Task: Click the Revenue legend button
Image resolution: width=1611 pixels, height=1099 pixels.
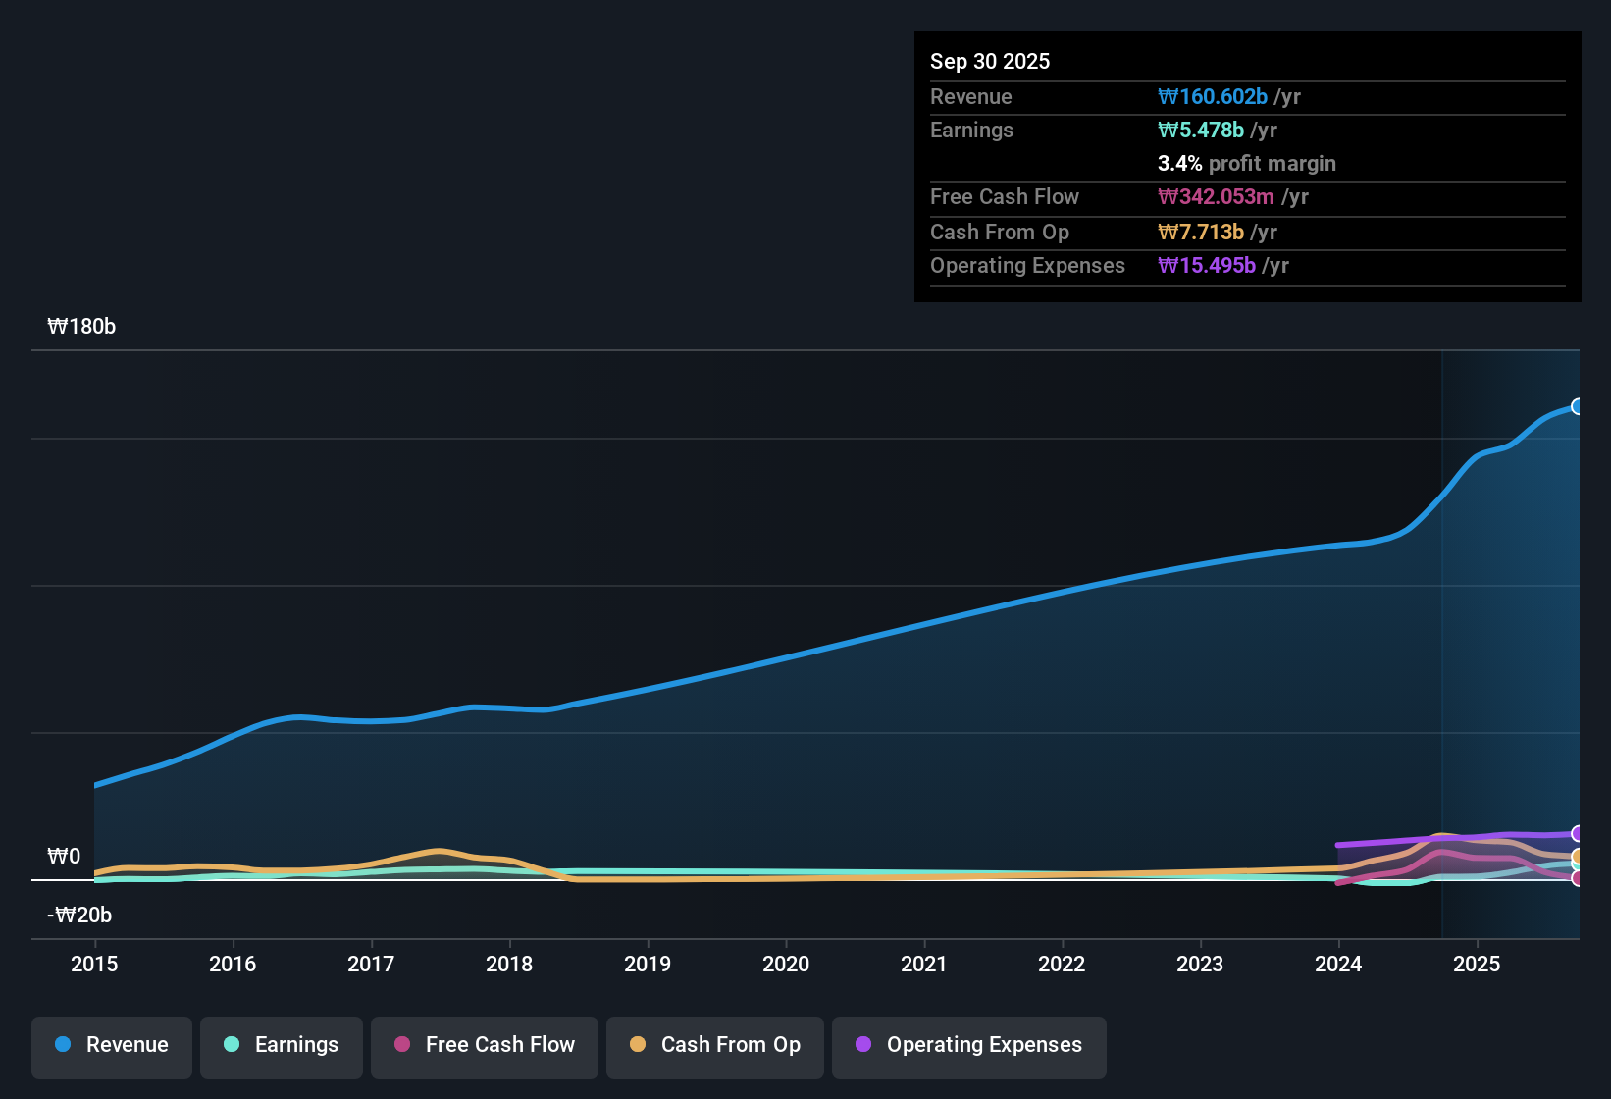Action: click(112, 1046)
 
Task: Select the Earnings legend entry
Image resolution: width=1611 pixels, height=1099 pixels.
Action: click(282, 1046)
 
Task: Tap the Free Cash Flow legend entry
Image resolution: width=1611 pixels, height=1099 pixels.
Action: click(485, 1046)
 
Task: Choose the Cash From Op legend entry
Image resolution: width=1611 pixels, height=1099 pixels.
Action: click(715, 1046)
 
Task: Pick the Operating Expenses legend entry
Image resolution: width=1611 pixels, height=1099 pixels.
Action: click(969, 1046)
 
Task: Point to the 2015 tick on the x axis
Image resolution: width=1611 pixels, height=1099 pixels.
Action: click(94, 964)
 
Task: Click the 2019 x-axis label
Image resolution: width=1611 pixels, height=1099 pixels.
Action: click(648, 964)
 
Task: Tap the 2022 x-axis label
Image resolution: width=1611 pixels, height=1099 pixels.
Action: click(1062, 964)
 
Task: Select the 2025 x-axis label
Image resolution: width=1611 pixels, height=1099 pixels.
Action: click(1476, 964)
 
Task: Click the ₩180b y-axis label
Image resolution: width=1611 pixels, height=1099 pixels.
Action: click(81, 327)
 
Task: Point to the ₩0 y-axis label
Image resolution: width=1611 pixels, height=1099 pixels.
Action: click(64, 857)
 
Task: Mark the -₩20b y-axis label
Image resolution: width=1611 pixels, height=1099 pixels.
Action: click(79, 916)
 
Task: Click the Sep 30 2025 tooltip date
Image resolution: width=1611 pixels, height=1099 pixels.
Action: click(989, 61)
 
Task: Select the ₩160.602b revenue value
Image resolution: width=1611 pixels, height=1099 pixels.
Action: click(1213, 97)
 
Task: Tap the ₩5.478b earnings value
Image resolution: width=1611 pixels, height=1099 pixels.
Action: click(1201, 131)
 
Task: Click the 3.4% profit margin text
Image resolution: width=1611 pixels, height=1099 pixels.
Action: click(1246, 164)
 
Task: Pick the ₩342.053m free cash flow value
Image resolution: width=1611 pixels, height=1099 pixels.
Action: click(1216, 197)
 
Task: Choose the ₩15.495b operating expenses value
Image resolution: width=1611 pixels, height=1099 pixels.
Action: click(1207, 266)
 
